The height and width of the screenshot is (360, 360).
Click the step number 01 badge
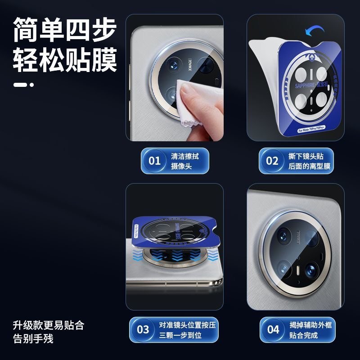click(154, 161)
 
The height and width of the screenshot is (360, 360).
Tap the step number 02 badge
click(272, 161)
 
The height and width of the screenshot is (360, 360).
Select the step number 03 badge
click(143, 329)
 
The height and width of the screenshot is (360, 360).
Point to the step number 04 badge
click(273, 329)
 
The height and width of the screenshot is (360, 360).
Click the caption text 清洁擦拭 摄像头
click(184, 161)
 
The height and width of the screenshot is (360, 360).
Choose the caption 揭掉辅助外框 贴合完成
click(310, 330)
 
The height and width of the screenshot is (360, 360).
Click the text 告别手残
click(33, 338)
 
